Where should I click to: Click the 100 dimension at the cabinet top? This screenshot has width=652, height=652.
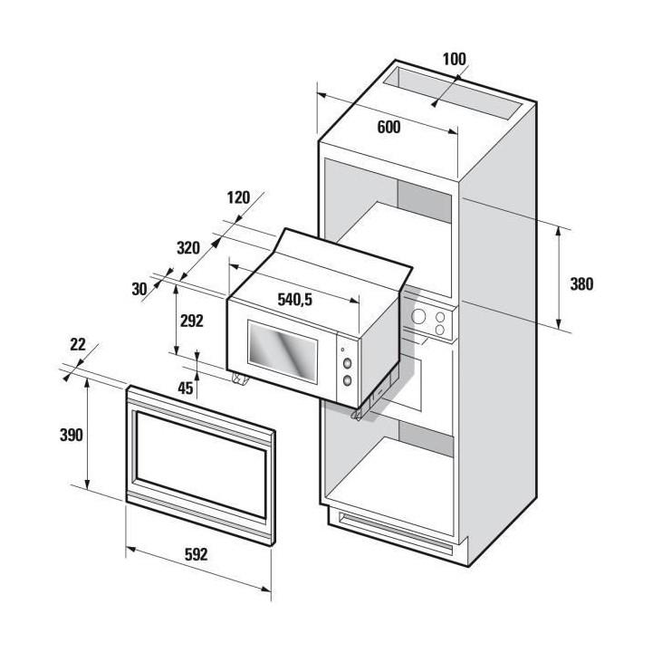pos(454,60)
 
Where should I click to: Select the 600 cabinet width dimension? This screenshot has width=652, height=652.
pos(388,127)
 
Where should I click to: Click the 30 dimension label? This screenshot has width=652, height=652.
pos(139,289)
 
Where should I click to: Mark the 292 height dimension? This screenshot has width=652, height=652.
pos(191,320)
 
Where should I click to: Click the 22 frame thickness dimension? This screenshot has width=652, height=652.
pos(78,343)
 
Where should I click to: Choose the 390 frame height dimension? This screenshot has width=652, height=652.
pos(69,435)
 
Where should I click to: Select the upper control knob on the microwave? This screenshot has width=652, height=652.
pos(346,365)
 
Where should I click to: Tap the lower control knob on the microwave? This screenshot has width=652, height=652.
pos(345,381)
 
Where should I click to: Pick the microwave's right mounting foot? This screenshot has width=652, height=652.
pos(359,413)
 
